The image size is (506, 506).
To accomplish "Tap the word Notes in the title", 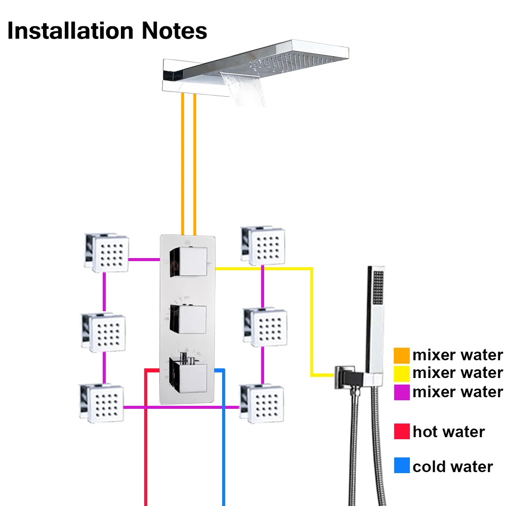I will [174, 31].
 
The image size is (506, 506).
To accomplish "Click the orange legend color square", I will [402, 355].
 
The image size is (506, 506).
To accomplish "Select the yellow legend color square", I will [402, 373].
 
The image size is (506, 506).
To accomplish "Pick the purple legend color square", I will [402, 392].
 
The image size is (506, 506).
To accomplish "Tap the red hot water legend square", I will [402, 432].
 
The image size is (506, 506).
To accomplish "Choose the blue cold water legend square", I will [402, 466].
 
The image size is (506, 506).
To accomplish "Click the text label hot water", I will [448, 432].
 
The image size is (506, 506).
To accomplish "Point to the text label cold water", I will [452, 466].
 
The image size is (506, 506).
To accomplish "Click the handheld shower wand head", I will [376, 293].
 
